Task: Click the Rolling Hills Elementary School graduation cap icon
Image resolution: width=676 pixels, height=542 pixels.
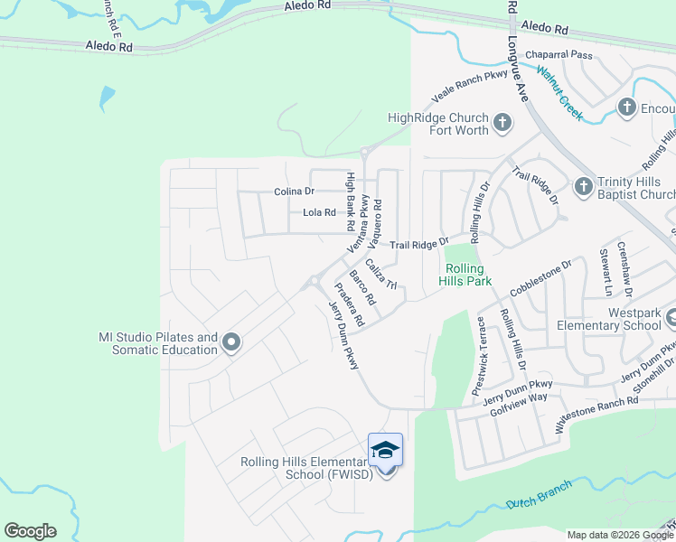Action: (x=385, y=451)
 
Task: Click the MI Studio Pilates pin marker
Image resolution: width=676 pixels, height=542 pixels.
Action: (x=230, y=342)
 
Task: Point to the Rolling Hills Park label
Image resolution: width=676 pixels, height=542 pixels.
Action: (x=468, y=275)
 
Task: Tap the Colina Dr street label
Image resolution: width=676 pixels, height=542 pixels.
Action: (x=295, y=192)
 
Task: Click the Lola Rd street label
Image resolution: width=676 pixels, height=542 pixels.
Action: (x=319, y=213)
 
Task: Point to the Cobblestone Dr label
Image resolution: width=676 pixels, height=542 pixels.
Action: (x=541, y=279)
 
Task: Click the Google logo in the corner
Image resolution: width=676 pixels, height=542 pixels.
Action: (x=30, y=531)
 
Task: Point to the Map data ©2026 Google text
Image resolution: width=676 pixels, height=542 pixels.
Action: (x=620, y=535)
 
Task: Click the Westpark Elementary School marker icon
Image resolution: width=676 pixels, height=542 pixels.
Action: (x=671, y=318)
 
